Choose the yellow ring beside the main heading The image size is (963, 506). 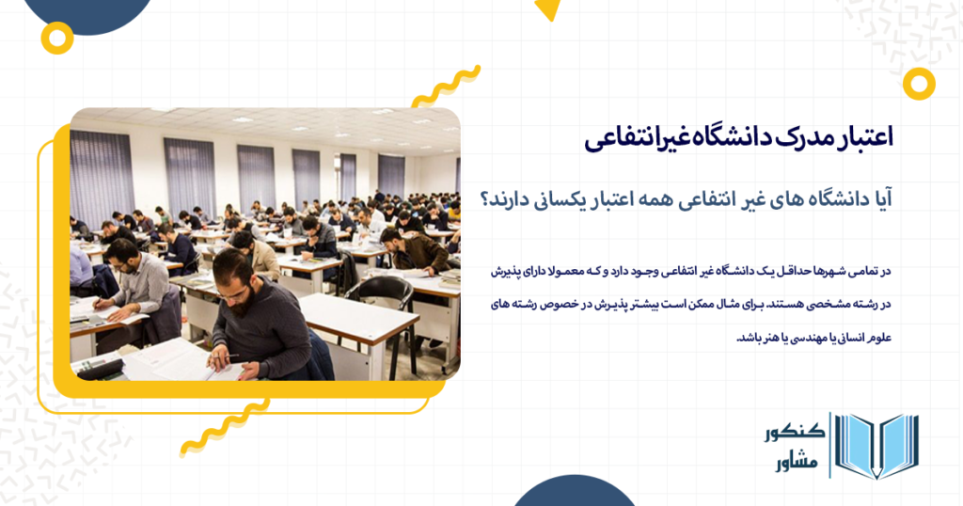[918, 84]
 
